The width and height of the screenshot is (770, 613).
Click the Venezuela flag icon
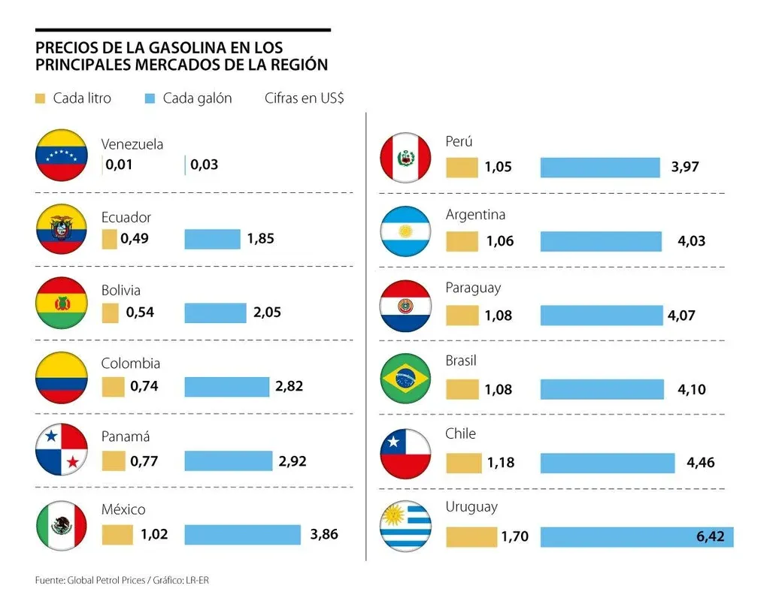coord(62,156)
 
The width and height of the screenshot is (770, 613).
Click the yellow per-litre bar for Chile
coord(463,463)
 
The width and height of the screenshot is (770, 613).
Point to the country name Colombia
coord(131,364)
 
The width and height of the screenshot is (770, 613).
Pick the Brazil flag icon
coord(405,379)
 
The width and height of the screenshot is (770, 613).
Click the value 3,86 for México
coord(324,535)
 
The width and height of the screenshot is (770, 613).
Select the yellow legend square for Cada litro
coord(41,98)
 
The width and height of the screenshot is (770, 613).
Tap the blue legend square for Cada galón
coord(149,98)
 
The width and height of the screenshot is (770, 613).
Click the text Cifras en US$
coord(304,98)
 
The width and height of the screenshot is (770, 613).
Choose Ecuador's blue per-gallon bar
coord(212,239)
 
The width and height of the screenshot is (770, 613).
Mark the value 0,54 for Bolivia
coord(141,312)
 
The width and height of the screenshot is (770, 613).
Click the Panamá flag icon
coord(62,449)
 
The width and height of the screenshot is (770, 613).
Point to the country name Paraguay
coord(473,288)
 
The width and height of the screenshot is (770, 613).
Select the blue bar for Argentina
coord(601,241)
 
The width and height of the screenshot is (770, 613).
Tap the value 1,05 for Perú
coord(498,167)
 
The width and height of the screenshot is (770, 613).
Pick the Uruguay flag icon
coord(405,526)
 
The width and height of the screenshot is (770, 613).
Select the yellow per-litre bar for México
coord(117,535)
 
